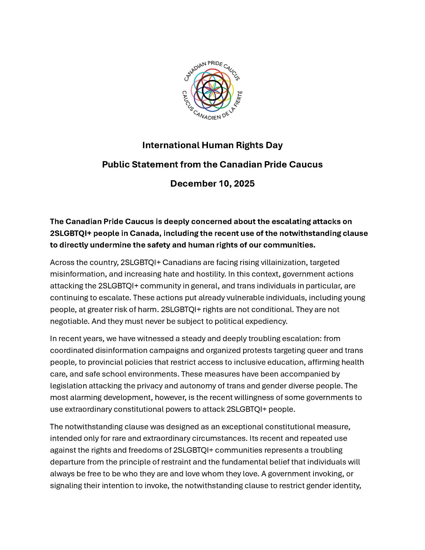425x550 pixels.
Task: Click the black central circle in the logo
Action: coord(212,90)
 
